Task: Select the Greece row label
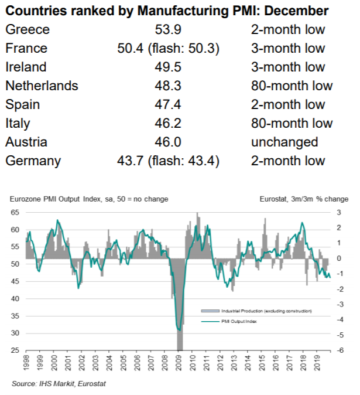coord(28,29)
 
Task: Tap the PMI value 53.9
coord(168,29)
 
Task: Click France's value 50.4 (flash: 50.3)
coord(168,48)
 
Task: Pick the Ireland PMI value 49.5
coord(168,67)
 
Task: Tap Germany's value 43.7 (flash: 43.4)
coord(168,161)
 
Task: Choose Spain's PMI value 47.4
coord(168,104)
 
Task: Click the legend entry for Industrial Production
coord(258,310)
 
